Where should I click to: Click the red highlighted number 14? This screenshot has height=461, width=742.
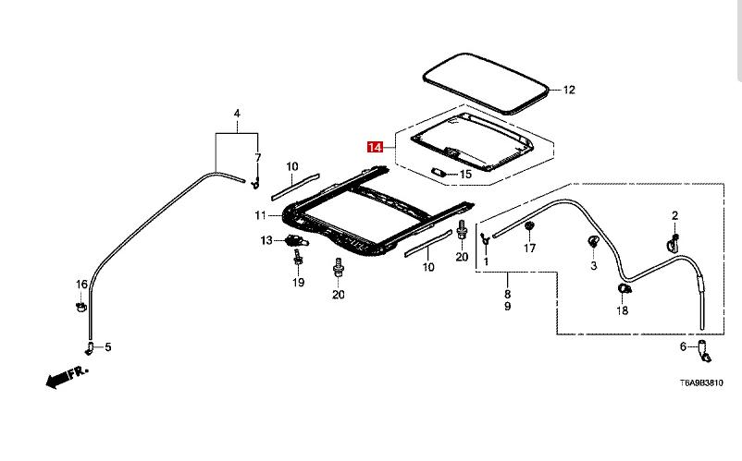(375, 147)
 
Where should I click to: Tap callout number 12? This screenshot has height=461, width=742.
(569, 90)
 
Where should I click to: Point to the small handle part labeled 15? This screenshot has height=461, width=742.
(440, 172)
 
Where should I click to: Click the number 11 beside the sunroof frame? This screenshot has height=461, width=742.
(261, 215)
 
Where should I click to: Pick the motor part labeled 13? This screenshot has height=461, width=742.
(295, 241)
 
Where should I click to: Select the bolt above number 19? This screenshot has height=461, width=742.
(298, 262)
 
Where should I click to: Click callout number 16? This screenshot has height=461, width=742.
(81, 284)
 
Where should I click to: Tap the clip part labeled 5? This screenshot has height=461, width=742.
(91, 346)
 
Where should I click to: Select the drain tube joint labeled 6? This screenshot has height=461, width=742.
(704, 350)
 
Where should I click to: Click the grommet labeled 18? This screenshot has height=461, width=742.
(624, 289)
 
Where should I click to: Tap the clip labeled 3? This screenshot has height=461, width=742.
(592, 243)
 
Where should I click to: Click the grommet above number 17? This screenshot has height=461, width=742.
(529, 226)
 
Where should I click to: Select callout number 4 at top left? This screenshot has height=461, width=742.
(237, 114)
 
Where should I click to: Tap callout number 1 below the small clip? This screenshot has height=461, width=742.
(486, 262)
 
